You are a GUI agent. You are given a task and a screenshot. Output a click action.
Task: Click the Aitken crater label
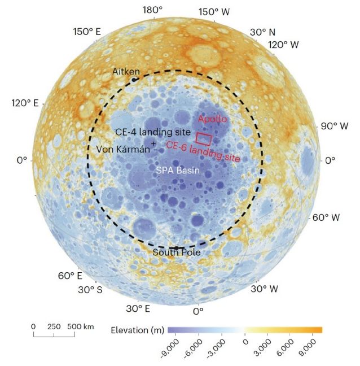(126, 71)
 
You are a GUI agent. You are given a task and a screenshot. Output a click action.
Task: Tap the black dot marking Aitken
(134, 80)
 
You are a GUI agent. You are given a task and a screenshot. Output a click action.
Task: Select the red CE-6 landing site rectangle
(204, 139)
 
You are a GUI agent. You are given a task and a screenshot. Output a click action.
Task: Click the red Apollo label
(212, 119)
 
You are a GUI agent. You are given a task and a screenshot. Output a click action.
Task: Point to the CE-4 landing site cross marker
(153, 143)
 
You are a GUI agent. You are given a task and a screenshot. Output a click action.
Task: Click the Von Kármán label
(123, 149)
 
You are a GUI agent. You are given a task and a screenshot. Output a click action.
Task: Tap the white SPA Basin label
(178, 170)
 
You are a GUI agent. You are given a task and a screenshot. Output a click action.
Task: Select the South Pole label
(177, 252)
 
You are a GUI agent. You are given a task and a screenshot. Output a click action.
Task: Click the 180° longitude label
(153, 10)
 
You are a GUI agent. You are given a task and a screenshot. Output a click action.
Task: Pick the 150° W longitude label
(214, 12)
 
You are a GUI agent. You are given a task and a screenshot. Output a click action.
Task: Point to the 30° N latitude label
(262, 32)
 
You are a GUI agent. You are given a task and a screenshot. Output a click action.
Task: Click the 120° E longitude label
(25, 103)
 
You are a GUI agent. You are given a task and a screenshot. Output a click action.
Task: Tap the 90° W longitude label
(335, 127)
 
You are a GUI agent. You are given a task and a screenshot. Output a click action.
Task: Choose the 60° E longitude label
(70, 276)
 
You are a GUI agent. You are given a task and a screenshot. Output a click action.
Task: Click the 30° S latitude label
(90, 290)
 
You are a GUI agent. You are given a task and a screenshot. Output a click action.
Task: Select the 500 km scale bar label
(81, 326)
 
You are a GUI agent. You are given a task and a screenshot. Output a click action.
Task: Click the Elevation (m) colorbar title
(138, 330)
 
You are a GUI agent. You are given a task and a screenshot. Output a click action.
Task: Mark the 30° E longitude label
(138, 308)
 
